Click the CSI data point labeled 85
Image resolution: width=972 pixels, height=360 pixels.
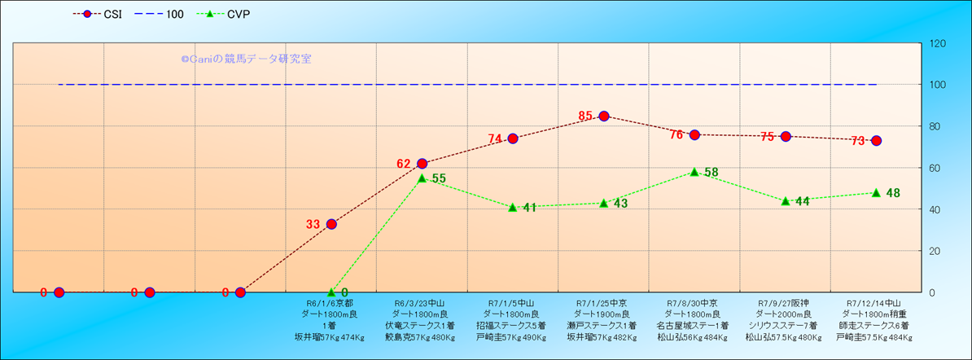click(604, 116)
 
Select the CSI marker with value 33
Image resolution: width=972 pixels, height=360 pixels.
click(331, 224)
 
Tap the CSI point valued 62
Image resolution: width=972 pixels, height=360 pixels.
click(422, 164)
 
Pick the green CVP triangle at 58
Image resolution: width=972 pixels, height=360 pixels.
click(694, 172)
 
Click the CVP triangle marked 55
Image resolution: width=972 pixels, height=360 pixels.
click(422, 178)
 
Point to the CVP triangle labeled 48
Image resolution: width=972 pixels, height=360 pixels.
click(876, 193)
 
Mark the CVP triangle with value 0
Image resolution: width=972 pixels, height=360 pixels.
click(331, 292)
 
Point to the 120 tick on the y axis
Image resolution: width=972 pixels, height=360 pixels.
click(938, 43)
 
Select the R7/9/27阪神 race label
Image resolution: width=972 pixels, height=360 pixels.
click(785, 302)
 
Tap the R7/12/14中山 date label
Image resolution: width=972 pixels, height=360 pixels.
click(876, 302)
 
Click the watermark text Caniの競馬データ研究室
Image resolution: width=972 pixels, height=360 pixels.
click(246, 59)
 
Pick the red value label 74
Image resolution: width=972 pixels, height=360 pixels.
click(495, 139)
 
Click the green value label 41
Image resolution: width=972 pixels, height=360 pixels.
click(529, 208)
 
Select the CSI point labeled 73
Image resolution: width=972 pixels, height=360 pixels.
click(876, 141)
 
